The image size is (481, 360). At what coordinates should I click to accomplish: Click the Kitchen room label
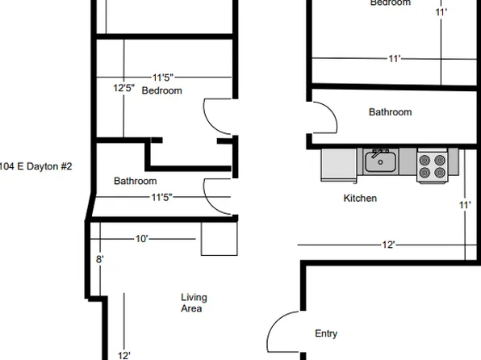pyautogui.click(x=360, y=198)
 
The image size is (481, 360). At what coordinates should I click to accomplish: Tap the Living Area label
pyautogui.click(x=191, y=303)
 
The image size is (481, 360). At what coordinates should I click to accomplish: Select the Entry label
pyautogui.click(x=326, y=333)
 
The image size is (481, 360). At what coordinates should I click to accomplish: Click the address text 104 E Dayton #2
pyautogui.click(x=36, y=166)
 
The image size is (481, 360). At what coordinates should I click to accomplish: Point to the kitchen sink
pyautogui.click(x=380, y=162)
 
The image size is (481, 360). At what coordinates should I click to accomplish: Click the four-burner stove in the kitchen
pyautogui.click(x=432, y=165)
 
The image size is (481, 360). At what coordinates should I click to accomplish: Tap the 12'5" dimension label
pyautogui.click(x=123, y=88)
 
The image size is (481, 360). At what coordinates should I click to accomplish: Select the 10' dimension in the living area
pyautogui.click(x=142, y=239)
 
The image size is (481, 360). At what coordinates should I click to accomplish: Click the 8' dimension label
pyautogui.click(x=100, y=260)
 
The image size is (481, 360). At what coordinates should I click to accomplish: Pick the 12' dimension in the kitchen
pyautogui.click(x=388, y=244)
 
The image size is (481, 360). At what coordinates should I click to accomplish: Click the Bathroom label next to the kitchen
pyautogui.click(x=390, y=112)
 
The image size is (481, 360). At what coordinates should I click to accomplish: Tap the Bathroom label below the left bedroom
pyautogui.click(x=135, y=181)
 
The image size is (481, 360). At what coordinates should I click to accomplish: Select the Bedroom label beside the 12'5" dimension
pyautogui.click(x=161, y=91)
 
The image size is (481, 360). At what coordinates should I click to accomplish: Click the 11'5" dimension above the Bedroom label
pyautogui.click(x=162, y=77)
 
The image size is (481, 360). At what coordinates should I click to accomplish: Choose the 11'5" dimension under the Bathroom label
pyautogui.click(x=161, y=196)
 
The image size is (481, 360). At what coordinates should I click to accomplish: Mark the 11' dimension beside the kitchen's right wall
pyautogui.click(x=465, y=205)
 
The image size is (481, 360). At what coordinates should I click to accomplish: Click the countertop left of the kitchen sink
pyautogui.click(x=339, y=165)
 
